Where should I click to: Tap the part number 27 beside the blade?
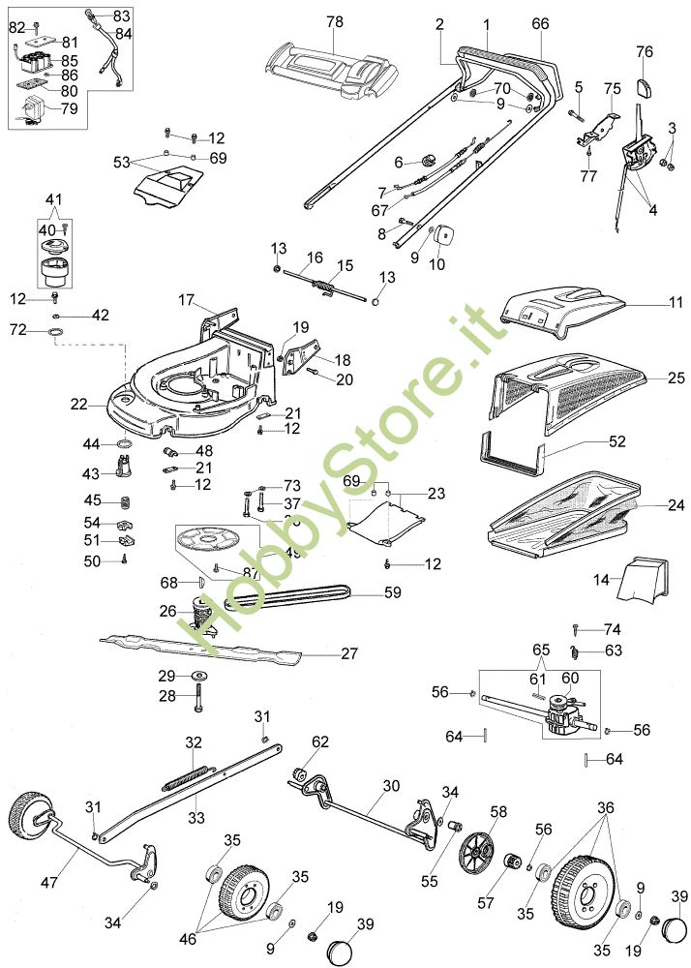(349, 653)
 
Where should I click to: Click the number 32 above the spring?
(194, 741)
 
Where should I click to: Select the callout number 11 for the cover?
(647, 303)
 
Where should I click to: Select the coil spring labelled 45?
(125, 501)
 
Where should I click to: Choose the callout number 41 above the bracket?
(52, 199)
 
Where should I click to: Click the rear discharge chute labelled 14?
(641, 581)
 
